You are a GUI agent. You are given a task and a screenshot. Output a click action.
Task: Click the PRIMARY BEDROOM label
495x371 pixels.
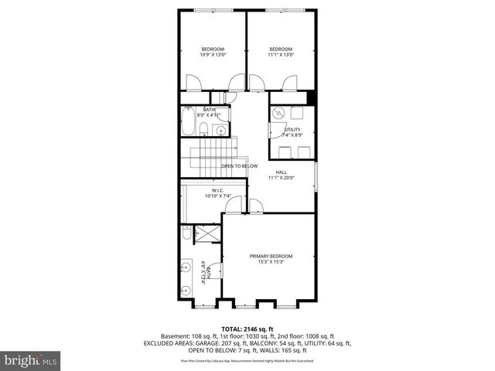tap(271, 256)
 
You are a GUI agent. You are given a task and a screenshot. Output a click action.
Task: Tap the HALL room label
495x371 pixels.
tap(282, 172)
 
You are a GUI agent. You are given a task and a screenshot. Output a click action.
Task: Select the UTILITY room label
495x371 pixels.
tap(292, 129)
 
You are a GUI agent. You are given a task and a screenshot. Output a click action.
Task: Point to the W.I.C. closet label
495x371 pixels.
tap(218, 189)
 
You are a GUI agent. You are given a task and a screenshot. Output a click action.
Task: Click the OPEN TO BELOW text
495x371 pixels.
tap(240, 166)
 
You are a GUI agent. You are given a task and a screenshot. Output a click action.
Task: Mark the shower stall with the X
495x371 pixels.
tap(207, 232)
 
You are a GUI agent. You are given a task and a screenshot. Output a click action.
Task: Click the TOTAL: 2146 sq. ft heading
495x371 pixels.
tap(247, 328)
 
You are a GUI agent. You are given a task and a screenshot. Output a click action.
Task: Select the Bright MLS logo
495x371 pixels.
tap(30, 360)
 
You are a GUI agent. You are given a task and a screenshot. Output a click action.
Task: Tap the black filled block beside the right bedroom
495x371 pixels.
tap(311, 98)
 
